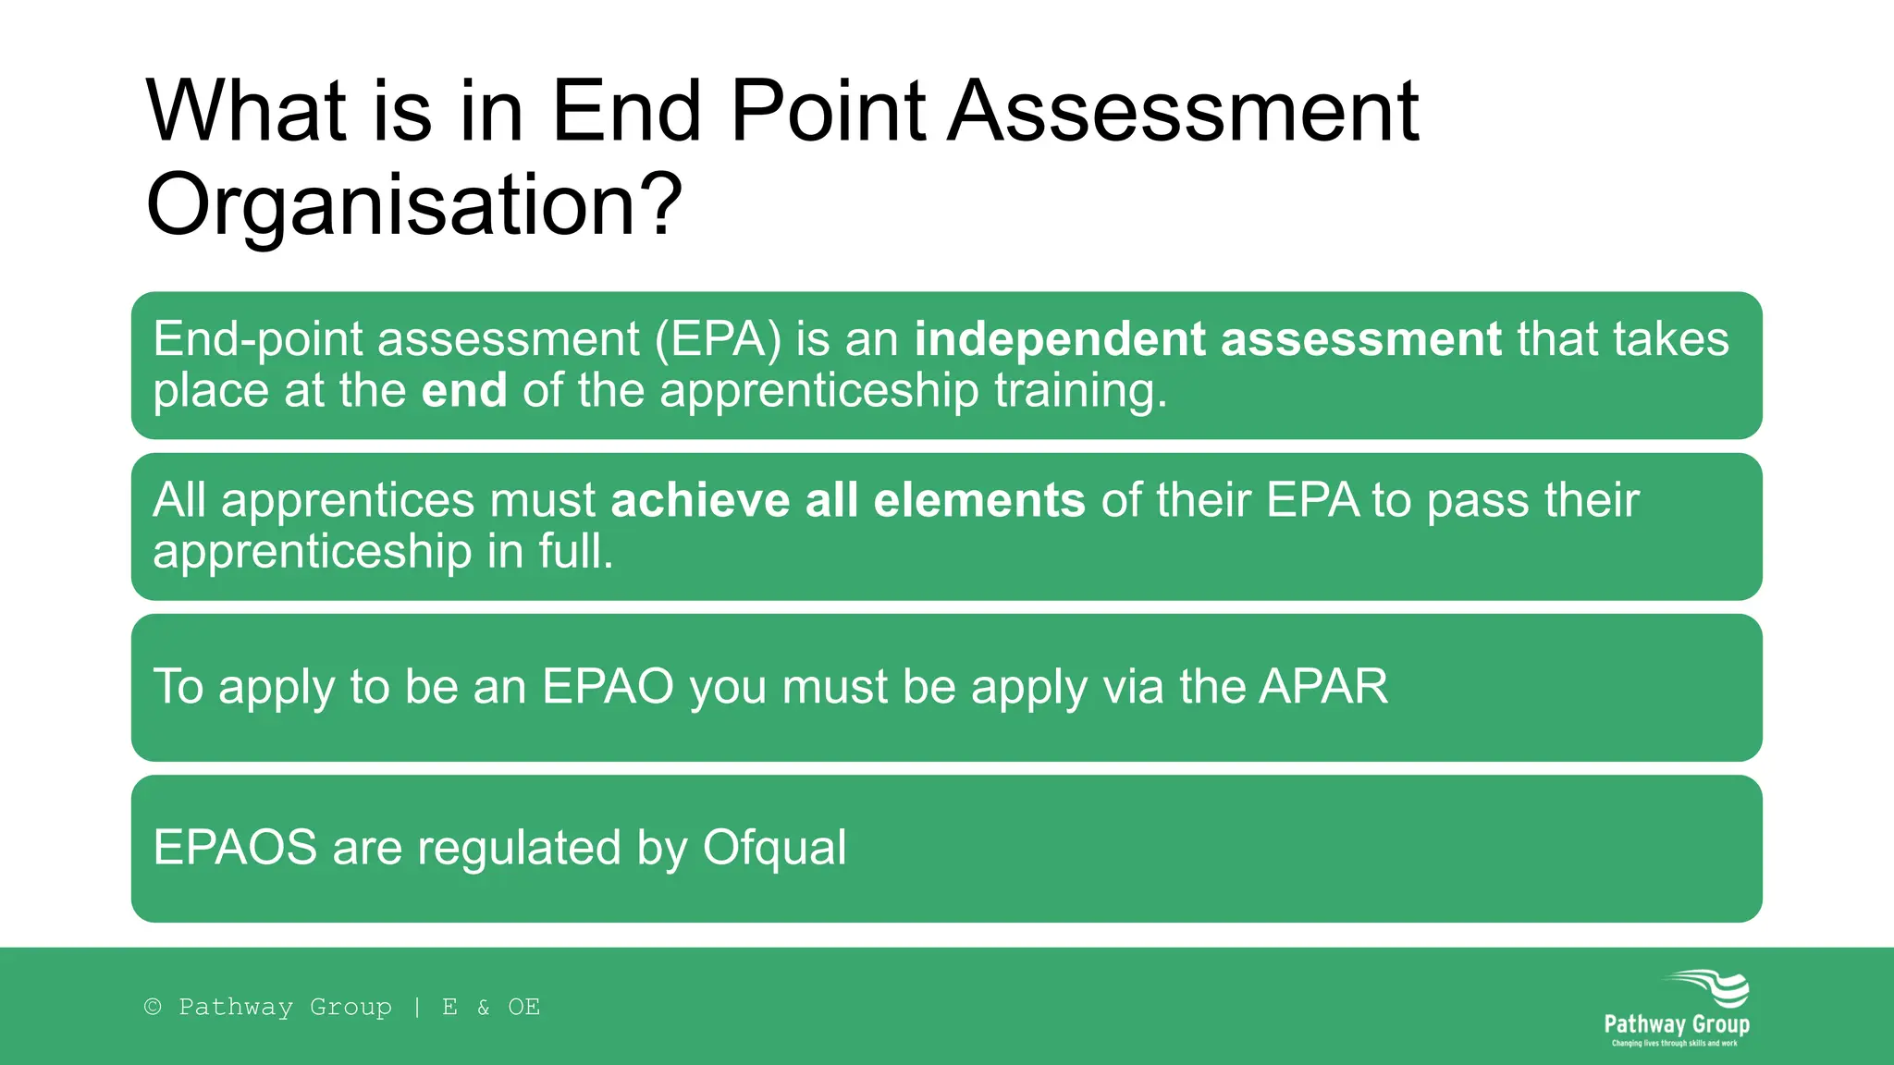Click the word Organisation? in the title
pos(413,205)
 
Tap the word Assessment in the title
pos(1183,112)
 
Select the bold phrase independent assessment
pos(1208,339)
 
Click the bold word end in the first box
pos(464,390)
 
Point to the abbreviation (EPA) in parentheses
pos(718,339)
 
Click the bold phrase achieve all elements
pos(848,500)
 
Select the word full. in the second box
pos(576,551)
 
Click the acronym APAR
pos(1323,687)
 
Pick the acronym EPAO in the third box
pos(608,687)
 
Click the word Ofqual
pos(774,848)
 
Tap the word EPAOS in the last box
pos(235,848)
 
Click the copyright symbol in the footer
pos(153,1007)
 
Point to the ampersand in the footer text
pos(483,1007)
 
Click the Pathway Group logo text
pos(1676,1024)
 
